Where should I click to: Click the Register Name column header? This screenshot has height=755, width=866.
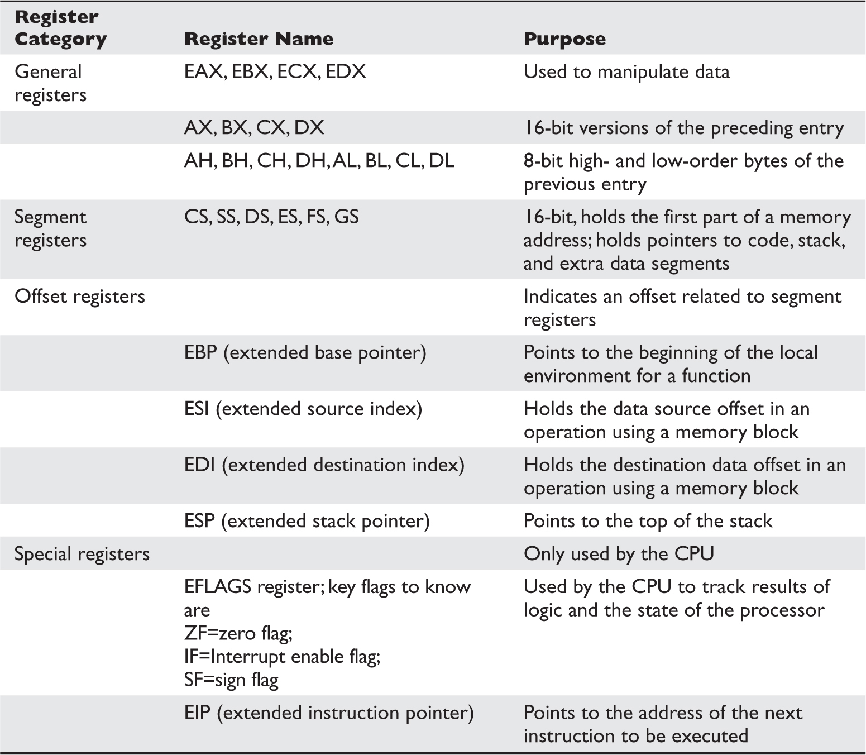pos(259,39)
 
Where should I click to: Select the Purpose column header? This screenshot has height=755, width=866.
pos(564,39)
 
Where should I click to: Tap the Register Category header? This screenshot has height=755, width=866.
pos(60,28)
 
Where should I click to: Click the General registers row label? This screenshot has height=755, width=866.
pos(50,83)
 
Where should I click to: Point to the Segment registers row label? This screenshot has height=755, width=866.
pos(50,228)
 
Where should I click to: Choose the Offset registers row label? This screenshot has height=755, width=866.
pos(79,296)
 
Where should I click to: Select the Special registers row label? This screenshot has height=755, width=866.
pos(82,553)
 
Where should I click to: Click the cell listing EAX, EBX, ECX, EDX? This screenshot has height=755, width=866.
pos(275,71)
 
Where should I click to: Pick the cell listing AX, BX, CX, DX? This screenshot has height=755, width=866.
pos(254,127)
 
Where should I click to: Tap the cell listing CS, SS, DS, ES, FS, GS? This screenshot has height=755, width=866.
pos(271,217)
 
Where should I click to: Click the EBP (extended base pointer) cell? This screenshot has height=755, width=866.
pos(305,352)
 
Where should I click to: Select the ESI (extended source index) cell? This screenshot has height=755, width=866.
pos(303,409)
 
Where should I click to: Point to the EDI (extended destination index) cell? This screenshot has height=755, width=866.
pos(324,465)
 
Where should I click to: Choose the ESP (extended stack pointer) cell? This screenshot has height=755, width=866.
pos(307,521)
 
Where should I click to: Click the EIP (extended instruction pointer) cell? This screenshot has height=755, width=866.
pos(329,713)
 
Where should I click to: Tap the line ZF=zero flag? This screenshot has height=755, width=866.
pos(238,633)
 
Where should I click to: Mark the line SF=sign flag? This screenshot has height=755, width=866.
pos(231,680)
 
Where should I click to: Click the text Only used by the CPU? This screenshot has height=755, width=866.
pos(619,553)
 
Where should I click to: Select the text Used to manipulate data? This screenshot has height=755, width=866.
pos(626,71)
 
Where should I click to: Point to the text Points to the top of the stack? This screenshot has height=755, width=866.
pos(648,521)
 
